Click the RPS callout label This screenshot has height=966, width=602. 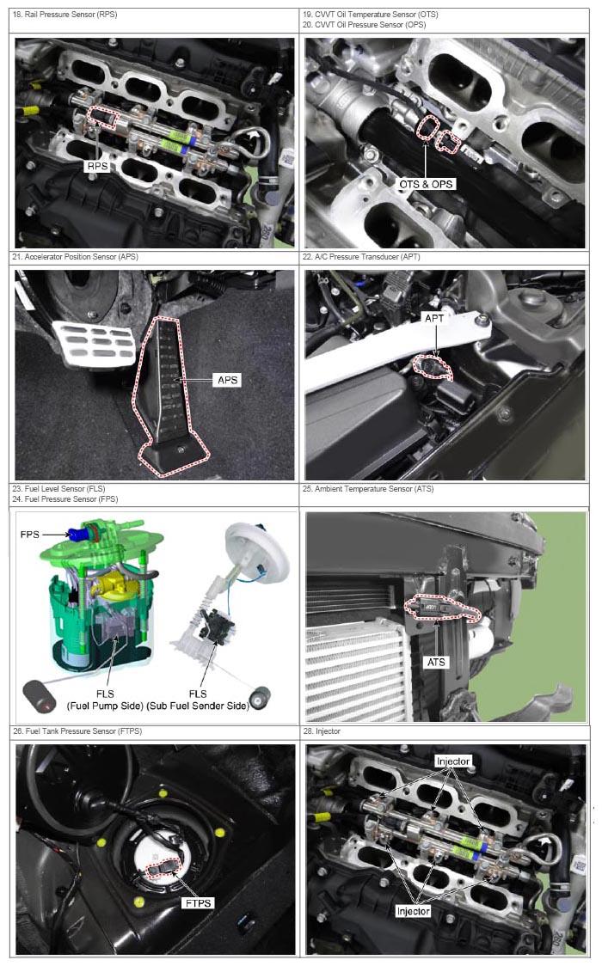(x=97, y=166)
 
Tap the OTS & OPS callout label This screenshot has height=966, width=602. (x=426, y=184)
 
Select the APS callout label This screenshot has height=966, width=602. (x=227, y=380)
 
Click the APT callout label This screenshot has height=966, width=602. (x=434, y=318)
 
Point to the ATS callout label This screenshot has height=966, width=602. (x=436, y=662)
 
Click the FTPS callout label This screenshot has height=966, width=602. (x=198, y=902)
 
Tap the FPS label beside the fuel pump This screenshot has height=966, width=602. (x=29, y=534)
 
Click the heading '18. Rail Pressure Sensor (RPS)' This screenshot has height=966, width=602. (x=64, y=14)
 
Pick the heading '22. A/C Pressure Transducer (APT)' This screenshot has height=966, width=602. (x=361, y=256)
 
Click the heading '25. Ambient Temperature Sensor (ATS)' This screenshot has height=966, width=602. (x=368, y=488)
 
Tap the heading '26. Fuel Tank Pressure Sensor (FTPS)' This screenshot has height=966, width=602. (x=77, y=731)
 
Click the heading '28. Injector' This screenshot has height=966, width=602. (x=321, y=731)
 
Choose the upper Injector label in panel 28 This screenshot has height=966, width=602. (x=453, y=761)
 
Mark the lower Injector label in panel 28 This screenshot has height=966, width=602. (x=413, y=910)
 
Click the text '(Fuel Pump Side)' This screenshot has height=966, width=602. (x=105, y=706)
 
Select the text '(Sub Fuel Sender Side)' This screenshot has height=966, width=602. (x=198, y=706)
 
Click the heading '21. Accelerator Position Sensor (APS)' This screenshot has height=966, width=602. (x=75, y=256)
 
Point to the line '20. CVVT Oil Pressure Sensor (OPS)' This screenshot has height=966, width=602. (x=364, y=25)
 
